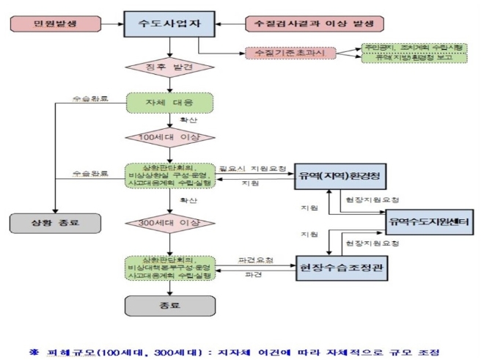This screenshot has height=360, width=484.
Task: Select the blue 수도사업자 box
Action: tap(169, 24)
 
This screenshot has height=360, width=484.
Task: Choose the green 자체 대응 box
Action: tap(169, 103)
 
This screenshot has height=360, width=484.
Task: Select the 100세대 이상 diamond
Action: tap(169, 137)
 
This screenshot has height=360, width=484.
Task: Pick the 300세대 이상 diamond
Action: tap(169, 222)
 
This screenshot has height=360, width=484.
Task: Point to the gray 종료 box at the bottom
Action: tap(169, 306)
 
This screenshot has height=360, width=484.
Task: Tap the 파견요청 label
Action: tap(250, 260)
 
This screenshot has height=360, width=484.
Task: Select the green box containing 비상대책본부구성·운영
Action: tap(169, 268)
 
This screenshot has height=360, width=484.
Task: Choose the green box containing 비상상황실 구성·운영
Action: tap(169, 175)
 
